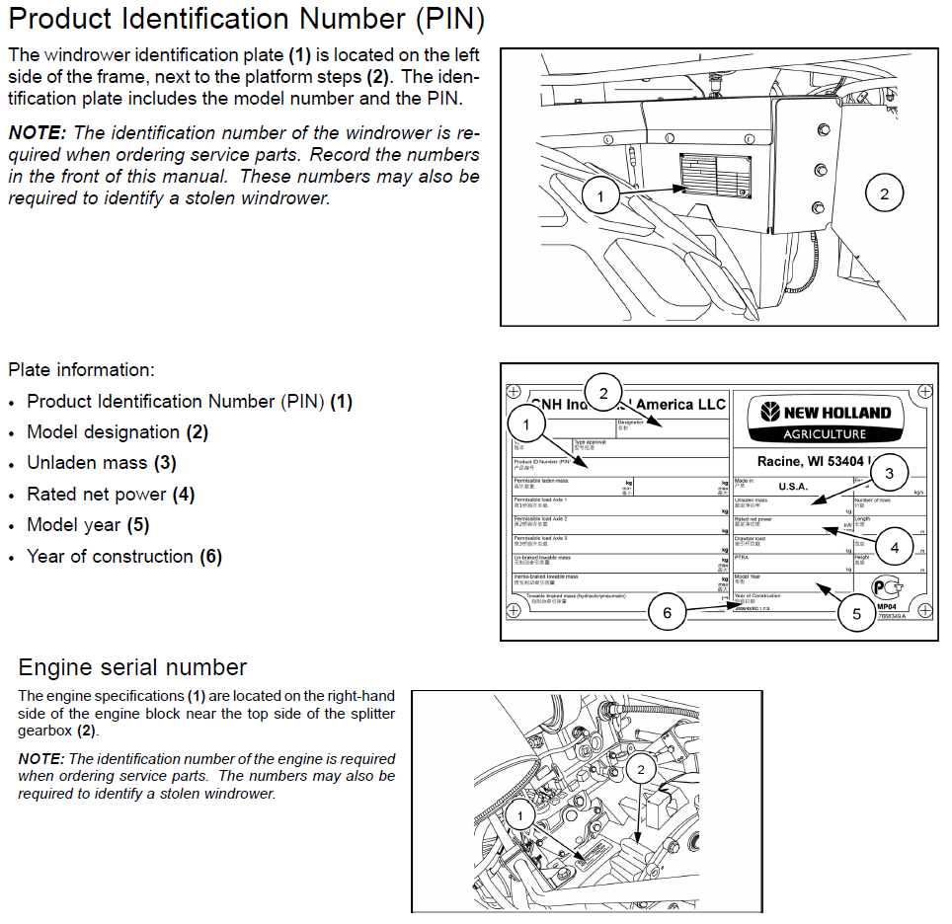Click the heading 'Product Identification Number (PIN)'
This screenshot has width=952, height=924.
(x=246, y=20)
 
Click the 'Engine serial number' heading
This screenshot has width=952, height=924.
(x=132, y=666)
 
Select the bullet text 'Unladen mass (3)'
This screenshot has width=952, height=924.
(x=102, y=463)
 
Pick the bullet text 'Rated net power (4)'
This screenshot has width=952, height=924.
(x=111, y=494)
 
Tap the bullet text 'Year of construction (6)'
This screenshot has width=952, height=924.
(x=124, y=556)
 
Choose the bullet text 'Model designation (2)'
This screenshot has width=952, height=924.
(x=118, y=432)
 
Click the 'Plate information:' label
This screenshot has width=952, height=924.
(x=81, y=370)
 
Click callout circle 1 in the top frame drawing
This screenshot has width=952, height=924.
(x=600, y=196)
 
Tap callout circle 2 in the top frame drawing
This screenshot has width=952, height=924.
(x=884, y=193)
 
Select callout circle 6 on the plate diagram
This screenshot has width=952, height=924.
(x=667, y=613)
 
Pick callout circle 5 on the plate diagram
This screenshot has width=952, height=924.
(x=856, y=613)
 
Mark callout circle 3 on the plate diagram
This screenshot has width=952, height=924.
(x=889, y=473)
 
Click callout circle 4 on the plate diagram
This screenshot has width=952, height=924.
(x=894, y=546)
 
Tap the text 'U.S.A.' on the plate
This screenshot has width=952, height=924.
(x=792, y=487)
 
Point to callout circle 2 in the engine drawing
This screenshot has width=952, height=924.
(x=641, y=769)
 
